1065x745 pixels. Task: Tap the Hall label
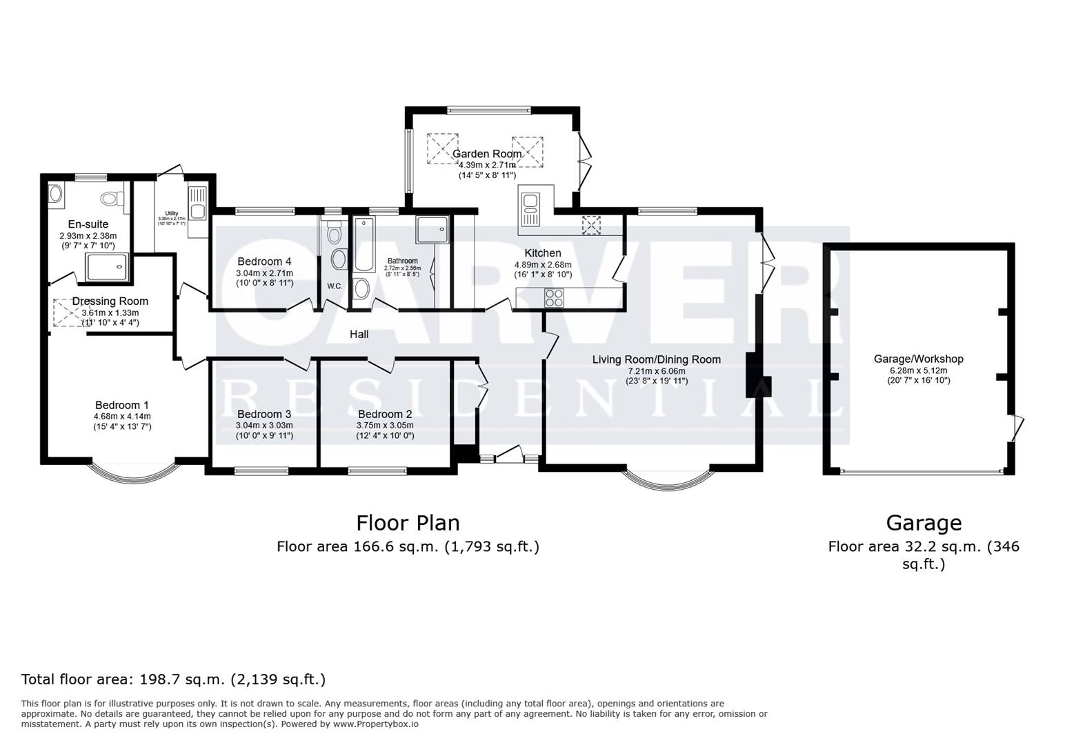359,335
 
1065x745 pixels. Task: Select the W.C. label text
335,286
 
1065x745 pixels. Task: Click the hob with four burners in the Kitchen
555,297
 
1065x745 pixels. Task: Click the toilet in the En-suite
111,199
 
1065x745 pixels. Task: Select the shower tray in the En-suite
107,267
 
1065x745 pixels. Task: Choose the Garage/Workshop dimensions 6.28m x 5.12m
918,370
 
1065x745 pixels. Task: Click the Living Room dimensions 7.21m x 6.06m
656,371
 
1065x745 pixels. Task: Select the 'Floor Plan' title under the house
408,523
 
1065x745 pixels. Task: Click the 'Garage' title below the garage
923,523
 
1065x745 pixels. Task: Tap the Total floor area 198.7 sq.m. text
173,679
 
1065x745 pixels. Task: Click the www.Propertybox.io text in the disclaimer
376,724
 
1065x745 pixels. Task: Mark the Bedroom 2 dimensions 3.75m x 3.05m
384,426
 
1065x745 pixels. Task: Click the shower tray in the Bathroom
433,230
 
